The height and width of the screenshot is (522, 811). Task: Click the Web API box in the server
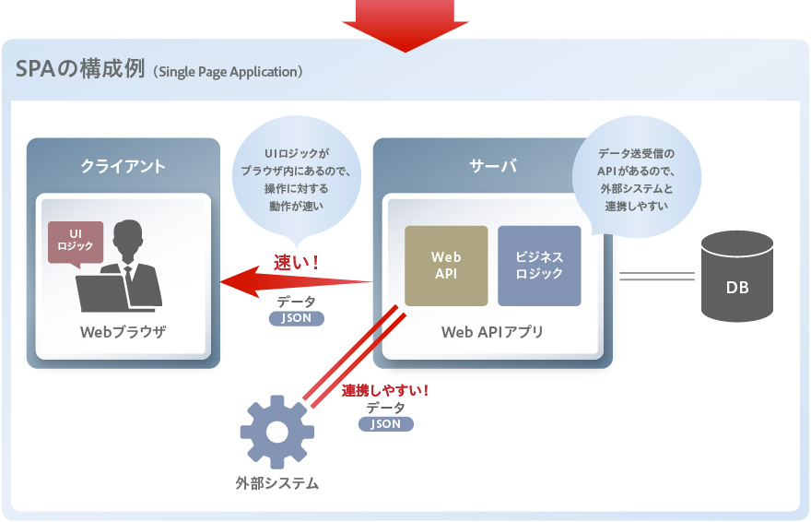click(x=446, y=266)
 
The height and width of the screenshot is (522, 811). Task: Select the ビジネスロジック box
click(x=539, y=266)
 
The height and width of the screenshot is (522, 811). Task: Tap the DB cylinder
click(x=736, y=276)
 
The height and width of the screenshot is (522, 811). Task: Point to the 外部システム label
click(x=276, y=482)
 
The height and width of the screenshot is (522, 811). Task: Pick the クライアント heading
click(x=123, y=166)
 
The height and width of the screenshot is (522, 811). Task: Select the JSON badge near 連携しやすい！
click(x=385, y=424)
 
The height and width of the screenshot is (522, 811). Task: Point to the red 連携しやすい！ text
click(x=385, y=390)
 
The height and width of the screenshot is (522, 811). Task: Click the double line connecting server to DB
click(x=656, y=276)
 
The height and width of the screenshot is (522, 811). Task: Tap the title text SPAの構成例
click(x=82, y=70)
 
